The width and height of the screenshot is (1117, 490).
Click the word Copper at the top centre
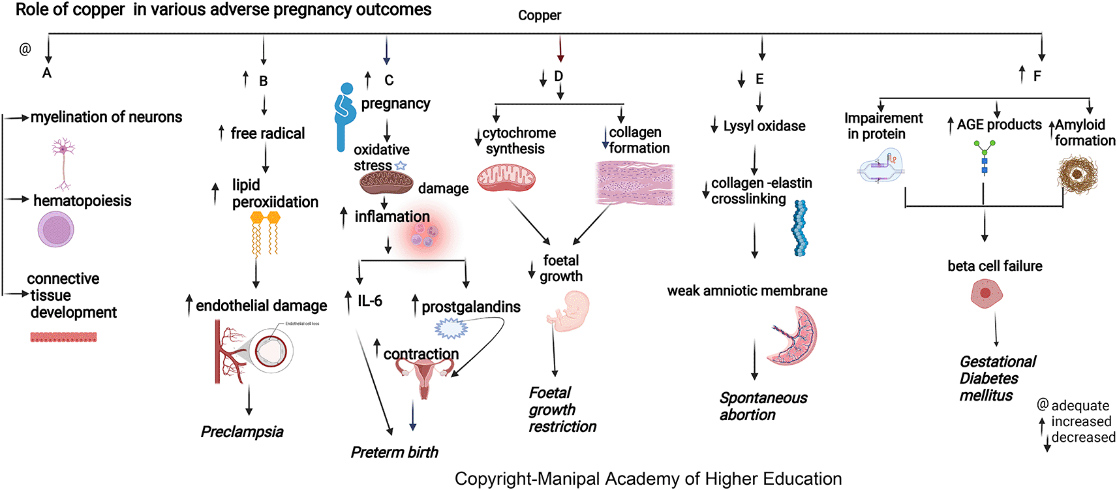pyautogui.click(x=539, y=15)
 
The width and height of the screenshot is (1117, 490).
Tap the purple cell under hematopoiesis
pyautogui.click(x=56, y=230)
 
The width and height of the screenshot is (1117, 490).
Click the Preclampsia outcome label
pyautogui.click(x=242, y=432)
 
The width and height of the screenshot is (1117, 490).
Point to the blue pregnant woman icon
pyautogui.click(x=344, y=116)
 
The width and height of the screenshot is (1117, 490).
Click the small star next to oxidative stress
pyautogui.click(x=401, y=166)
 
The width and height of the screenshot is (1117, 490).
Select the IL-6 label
pyautogui.click(x=369, y=301)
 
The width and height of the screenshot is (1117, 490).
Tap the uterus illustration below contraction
pyautogui.click(x=425, y=378)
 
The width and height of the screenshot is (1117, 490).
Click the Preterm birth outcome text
pyautogui.click(x=394, y=452)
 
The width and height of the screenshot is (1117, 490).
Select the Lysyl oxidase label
pyautogui.click(x=764, y=126)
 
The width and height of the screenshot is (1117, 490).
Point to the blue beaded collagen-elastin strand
pyautogui.click(x=799, y=228)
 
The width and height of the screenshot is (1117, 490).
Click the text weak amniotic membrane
pyautogui.click(x=747, y=291)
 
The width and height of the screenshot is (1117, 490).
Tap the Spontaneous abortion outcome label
pyautogui.click(x=763, y=406)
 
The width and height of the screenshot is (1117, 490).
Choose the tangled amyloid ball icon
pyautogui.click(x=1077, y=175)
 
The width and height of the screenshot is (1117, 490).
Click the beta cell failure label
pyautogui.click(x=994, y=266)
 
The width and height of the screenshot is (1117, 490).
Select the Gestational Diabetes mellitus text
pyautogui.click(x=997, y=378)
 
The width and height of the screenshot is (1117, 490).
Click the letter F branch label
pyautogui.click(x=1037, y=76)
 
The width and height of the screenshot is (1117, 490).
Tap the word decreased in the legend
pyautogui.click(x=1083, y=437)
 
